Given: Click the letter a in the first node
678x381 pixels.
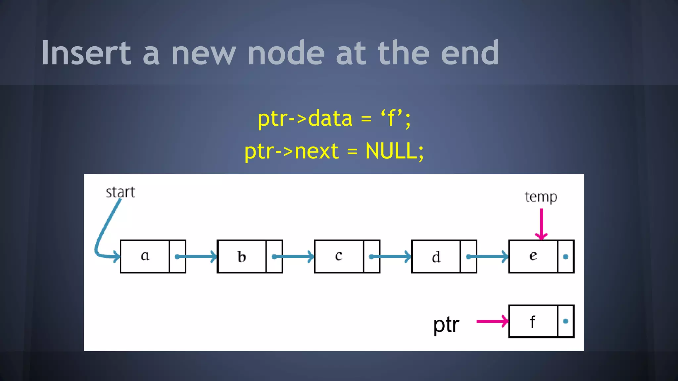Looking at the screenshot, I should click(145, 256).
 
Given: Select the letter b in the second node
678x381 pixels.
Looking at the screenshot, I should click(242, 257).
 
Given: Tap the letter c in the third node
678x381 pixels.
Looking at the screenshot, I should click(338, 256).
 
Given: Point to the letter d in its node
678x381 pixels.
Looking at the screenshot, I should click(436, 257).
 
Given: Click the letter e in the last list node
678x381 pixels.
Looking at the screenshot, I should click(533, 256).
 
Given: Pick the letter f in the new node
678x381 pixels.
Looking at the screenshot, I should click(532, 322).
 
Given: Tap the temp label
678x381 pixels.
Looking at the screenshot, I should click(541, 197).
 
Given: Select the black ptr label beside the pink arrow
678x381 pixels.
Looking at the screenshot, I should click(446, 324).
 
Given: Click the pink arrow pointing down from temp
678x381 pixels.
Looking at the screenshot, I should click(541, 223).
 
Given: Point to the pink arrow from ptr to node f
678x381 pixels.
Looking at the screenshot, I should click(492, 321).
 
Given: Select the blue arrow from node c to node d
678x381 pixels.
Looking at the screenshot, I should click(390, 257).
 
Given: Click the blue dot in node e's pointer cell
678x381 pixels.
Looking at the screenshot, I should click(565, 257).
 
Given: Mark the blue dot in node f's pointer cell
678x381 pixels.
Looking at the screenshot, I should click(565, 321).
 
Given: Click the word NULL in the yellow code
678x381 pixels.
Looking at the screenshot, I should click(391, 151).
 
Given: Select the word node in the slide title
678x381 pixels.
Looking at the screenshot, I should click(286, 53).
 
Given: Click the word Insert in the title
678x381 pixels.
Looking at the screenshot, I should click(86, 53).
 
